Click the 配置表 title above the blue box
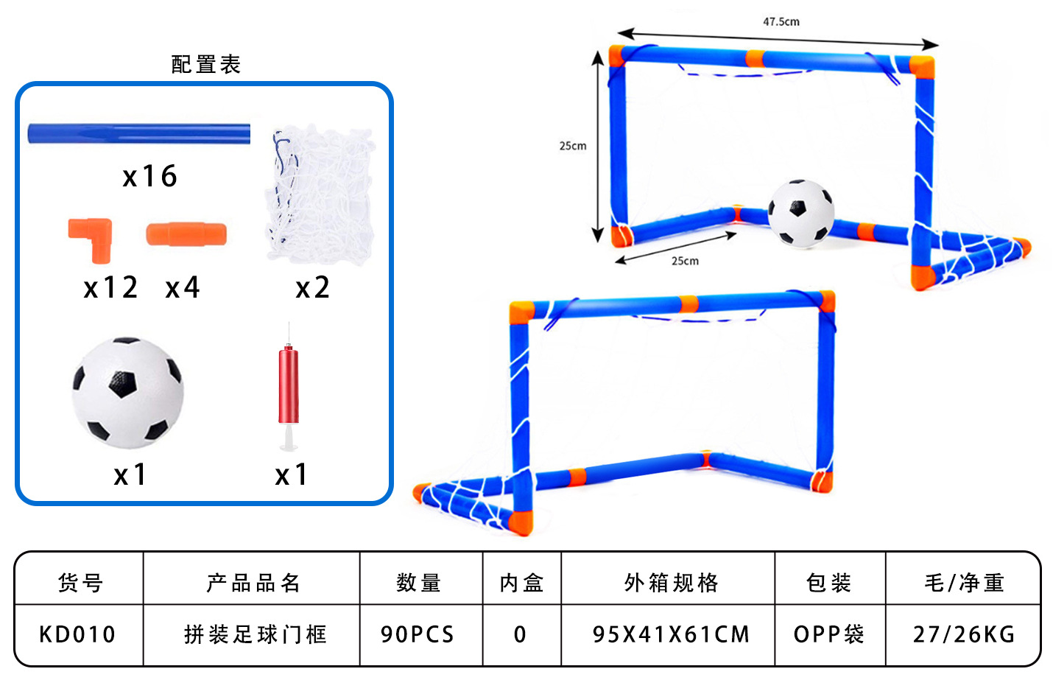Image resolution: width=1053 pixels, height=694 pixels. click(206, 65)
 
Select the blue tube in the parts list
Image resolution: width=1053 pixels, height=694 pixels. click(138, 134)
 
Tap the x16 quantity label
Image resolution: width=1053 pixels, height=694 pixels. click(150, 177)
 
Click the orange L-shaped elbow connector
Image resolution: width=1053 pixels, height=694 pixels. click(92, 237)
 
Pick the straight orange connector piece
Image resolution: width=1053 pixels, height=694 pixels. click(186, 234)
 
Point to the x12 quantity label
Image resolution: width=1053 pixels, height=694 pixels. click(110, 287)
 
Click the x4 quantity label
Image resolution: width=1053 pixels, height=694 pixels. click(183, 287)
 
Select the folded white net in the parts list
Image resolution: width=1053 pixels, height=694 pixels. click(320, 195)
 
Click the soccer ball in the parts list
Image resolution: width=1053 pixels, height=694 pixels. click(127, 393)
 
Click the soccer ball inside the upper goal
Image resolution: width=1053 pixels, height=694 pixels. click(801, 212)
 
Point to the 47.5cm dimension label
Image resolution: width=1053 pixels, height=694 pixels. click(781, 22)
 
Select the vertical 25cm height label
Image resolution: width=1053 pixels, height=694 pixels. click(573, 146)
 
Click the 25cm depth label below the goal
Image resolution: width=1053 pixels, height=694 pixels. click(685, 261)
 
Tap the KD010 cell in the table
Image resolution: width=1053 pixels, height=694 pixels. click(78, 634)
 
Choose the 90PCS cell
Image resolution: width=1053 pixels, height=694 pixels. click(418, 634)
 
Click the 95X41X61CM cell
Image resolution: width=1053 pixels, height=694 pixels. click(671, 634)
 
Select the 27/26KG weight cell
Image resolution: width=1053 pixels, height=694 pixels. click(964, 634)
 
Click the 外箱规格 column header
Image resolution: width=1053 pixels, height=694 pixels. click(671, 583)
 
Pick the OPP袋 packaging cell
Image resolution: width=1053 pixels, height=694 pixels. click(828, 634)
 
